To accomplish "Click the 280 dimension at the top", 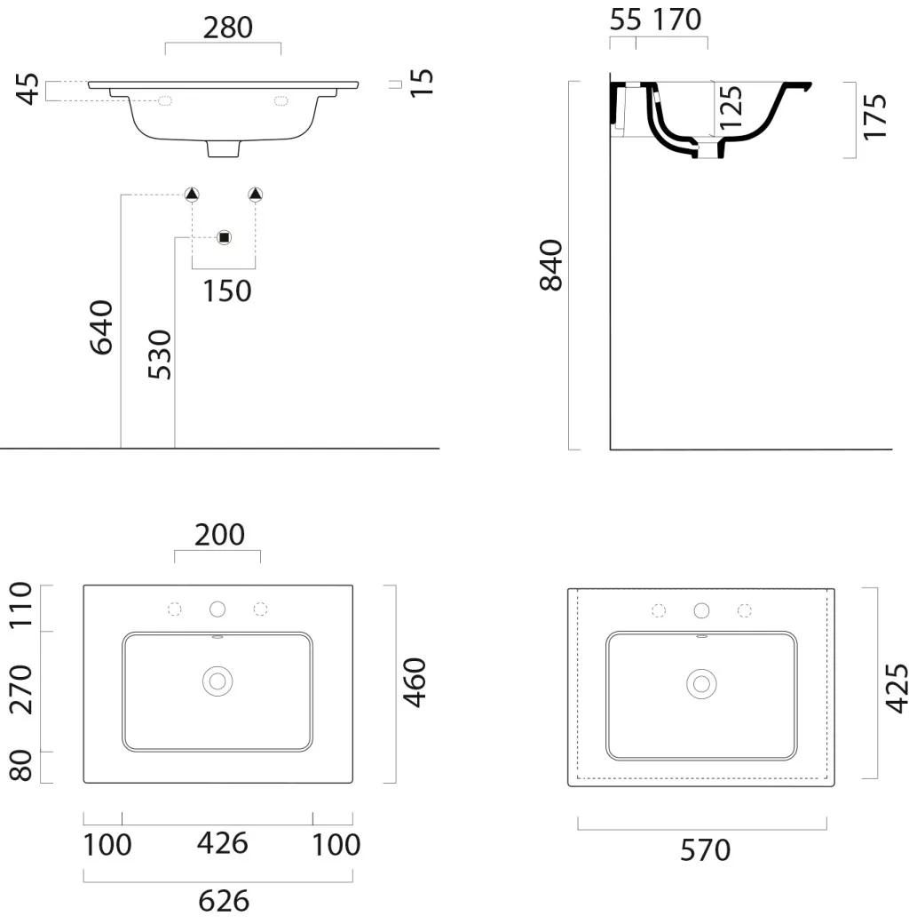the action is (228, 28).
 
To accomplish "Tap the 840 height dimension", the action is (551, 265).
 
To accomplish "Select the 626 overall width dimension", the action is (224, 901).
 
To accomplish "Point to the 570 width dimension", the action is (706, 850).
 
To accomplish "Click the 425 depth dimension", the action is (897, 689).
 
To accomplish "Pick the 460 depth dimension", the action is (415, 682).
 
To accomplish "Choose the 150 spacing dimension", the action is (226, 291).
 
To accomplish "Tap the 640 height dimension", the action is (101, 328).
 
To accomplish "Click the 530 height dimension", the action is (160, 354).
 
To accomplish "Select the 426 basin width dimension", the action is (223, 843).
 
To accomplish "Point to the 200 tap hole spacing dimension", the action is (219, 535).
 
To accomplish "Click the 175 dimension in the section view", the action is (875, 116).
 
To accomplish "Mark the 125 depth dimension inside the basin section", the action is (731, 108).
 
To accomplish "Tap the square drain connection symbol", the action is (224, 237).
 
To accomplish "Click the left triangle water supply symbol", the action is (192, 194).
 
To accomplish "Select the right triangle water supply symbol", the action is (255, 194).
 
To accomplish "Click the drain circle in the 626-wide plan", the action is (217, 681).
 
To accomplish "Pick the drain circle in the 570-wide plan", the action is (702, 684).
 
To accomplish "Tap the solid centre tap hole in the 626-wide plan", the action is (217, 609).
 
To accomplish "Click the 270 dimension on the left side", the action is (21, 689).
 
